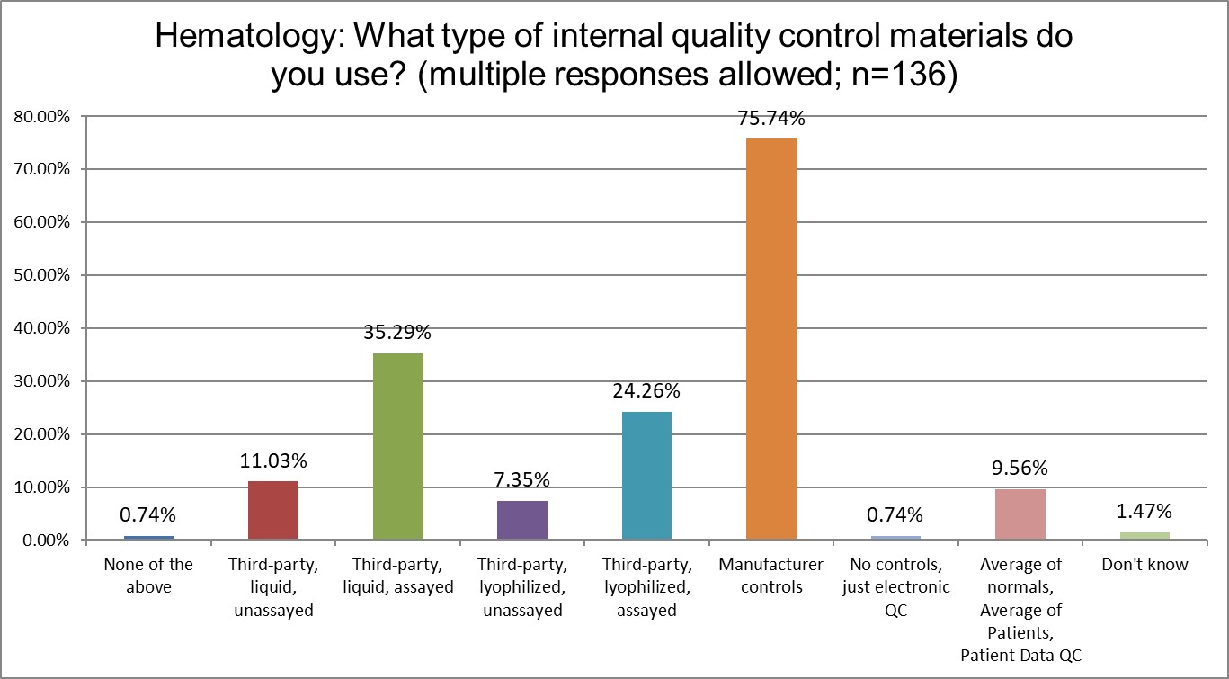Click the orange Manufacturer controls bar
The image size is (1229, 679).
pos(770,339)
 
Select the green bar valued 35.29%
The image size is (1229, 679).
pos(397,446)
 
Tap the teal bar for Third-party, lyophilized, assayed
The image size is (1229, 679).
pos(646,476)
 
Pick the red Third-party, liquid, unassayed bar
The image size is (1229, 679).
pos(272,510)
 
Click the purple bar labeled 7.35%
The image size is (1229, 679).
pos(521,520)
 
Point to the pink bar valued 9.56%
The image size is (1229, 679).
pos(1020,514)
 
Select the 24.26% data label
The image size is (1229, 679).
pos(646,391)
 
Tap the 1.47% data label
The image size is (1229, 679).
pos(1144,512)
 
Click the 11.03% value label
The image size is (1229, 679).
pos(272,461)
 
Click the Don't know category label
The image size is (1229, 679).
pos(1144,565)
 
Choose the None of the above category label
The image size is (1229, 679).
pos(148,576)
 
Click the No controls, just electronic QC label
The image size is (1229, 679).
pos(895,587)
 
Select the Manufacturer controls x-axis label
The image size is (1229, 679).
pos(770,576)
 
